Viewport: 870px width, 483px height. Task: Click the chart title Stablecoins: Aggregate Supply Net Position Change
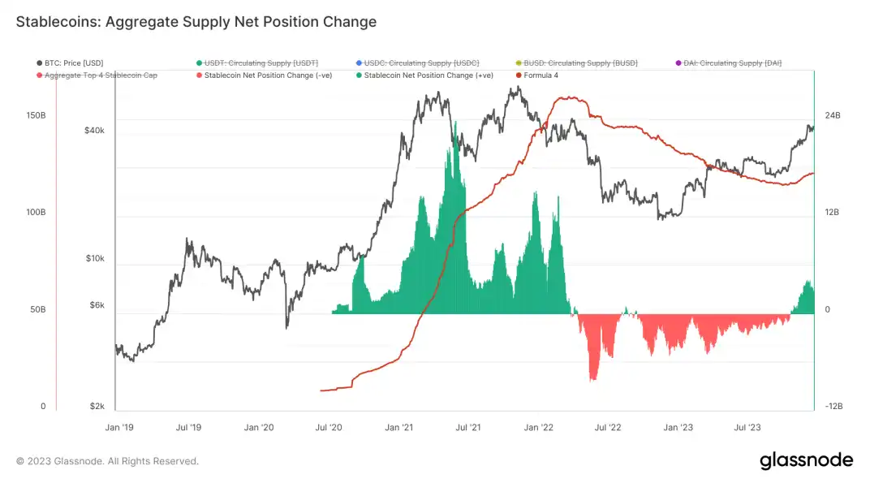[196, 22]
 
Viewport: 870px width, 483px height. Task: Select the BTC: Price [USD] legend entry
[74, 63]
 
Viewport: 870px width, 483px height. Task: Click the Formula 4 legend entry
[540, 75]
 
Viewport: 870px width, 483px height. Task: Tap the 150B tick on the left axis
[36, 115]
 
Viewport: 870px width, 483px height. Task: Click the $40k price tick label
[94, 130]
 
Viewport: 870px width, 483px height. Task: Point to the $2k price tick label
[97, 406]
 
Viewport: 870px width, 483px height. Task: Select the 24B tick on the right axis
[832, 115]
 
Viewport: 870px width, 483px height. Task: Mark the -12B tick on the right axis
[833, 406]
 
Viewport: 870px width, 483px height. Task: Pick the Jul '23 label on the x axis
[746, 426]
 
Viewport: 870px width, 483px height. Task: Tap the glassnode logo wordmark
[806, 460]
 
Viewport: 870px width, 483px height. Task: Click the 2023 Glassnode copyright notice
[107, 461]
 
